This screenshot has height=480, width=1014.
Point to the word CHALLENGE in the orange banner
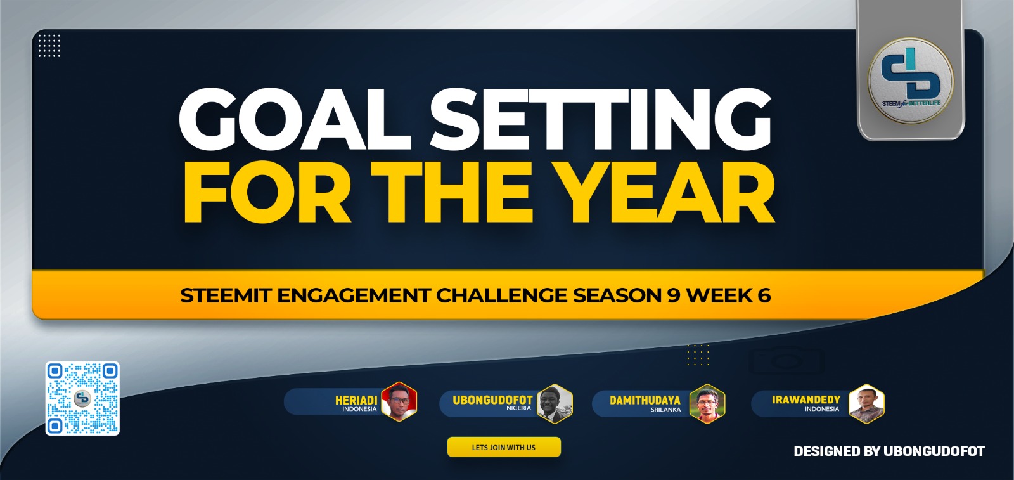point(502,295)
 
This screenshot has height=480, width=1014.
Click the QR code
point(82,398)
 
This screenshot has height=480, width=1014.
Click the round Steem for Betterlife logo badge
point(910,80)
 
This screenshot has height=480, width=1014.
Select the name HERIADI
point(356,400)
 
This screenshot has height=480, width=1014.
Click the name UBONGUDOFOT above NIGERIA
point(492,400)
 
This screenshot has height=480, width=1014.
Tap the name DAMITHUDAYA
point(645,400)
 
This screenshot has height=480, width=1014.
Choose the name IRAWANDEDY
point(805,400)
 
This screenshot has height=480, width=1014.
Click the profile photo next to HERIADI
point(399,402)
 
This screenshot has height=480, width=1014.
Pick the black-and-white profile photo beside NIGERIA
point(555,403)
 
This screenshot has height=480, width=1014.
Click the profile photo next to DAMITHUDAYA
point(707,403)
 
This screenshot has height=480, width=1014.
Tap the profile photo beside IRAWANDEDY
point(866,403)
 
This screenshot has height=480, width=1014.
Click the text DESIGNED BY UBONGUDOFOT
point(889,451)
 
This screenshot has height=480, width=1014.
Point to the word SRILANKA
point(665,410)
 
